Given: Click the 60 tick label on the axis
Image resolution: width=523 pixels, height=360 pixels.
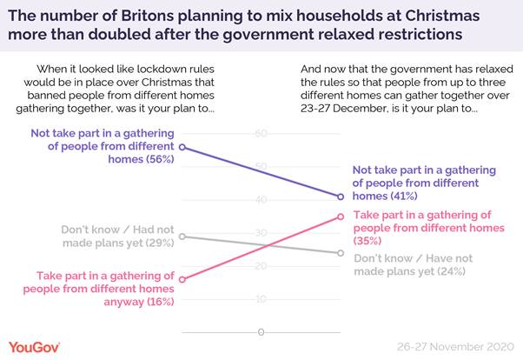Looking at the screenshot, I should (261, 133).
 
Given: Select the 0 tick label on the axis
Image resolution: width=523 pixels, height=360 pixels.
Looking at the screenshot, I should (261, 332).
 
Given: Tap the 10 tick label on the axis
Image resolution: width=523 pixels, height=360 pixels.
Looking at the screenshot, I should (261, 299).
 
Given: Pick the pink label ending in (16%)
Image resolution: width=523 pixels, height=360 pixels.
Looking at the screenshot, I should (104, 288).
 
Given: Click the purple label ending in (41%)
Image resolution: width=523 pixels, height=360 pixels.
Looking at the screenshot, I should (423, 183).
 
